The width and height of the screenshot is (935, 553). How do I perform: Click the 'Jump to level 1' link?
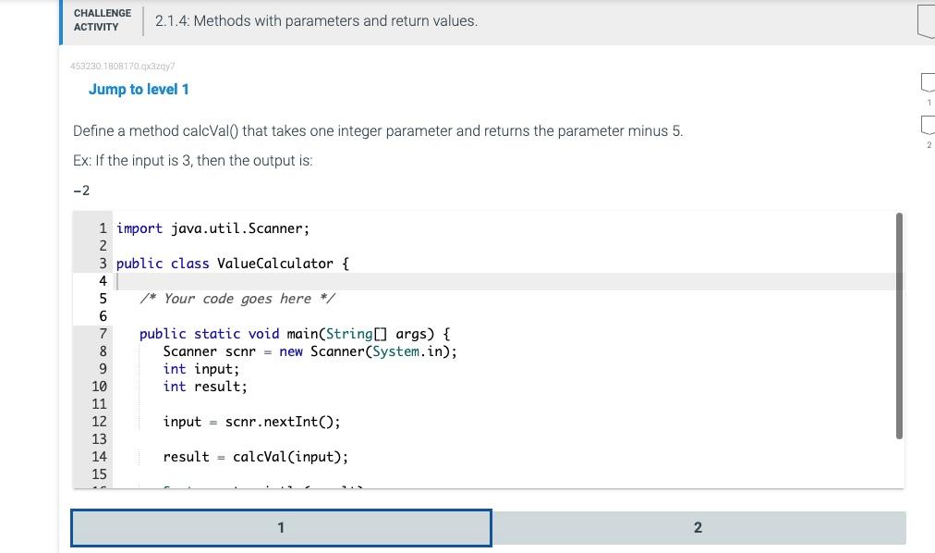point(139,89)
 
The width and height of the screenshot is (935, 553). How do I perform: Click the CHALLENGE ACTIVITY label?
point(102,20)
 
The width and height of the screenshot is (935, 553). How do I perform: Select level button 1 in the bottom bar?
point(281,528)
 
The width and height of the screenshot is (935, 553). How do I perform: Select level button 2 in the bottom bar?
point(698,528)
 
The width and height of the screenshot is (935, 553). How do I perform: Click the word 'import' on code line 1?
point(140,228)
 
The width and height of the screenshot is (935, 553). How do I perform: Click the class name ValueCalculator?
point(274,264)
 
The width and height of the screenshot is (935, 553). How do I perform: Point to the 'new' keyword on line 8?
point(290,351)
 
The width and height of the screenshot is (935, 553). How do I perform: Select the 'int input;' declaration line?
point(200,369)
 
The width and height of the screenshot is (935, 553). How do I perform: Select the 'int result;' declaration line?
point(204,387)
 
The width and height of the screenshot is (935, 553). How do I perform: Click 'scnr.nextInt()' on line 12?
point(283,422)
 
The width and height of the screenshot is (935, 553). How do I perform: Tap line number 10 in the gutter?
point(99,387)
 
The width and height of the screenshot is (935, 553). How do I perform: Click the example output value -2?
point(81,190)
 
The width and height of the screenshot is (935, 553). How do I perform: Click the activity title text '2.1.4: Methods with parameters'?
point(316,20)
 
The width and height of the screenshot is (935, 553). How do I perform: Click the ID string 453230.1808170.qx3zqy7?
point(123,67)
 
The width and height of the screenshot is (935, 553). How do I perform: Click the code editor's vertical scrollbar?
point(898,324)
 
